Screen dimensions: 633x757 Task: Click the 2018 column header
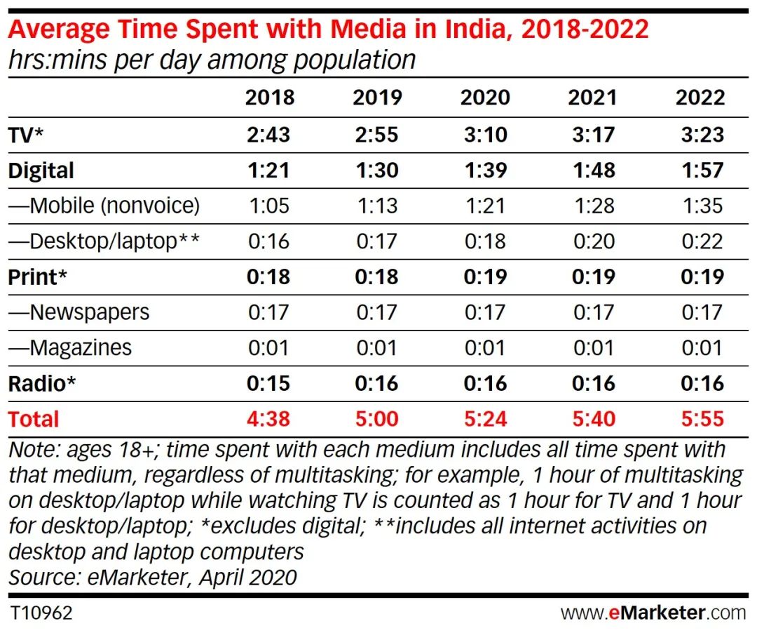click(x=270, y=98)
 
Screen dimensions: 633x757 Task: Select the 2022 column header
click(x=700, y=98)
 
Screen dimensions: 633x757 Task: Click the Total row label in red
click(x=34, y=419)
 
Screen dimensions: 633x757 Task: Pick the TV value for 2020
click(x=485, y=135)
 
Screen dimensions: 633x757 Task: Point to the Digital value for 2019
click(x=377, y=171)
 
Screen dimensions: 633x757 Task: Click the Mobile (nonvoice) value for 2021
click(x=593, y=206)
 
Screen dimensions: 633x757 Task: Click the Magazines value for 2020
click(x=485, y=347)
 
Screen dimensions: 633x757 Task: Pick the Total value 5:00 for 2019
click(x=377, y=419)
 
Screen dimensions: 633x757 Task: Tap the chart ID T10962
click(x=41, y=613)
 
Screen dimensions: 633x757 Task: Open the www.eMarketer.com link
click(x=653, y=613)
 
